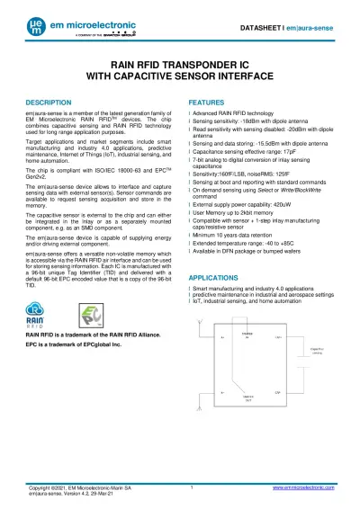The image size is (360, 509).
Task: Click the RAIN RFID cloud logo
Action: point(39,316)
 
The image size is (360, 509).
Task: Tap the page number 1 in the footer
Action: point(193,486)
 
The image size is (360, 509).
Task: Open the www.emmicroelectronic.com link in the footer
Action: point(299,486)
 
